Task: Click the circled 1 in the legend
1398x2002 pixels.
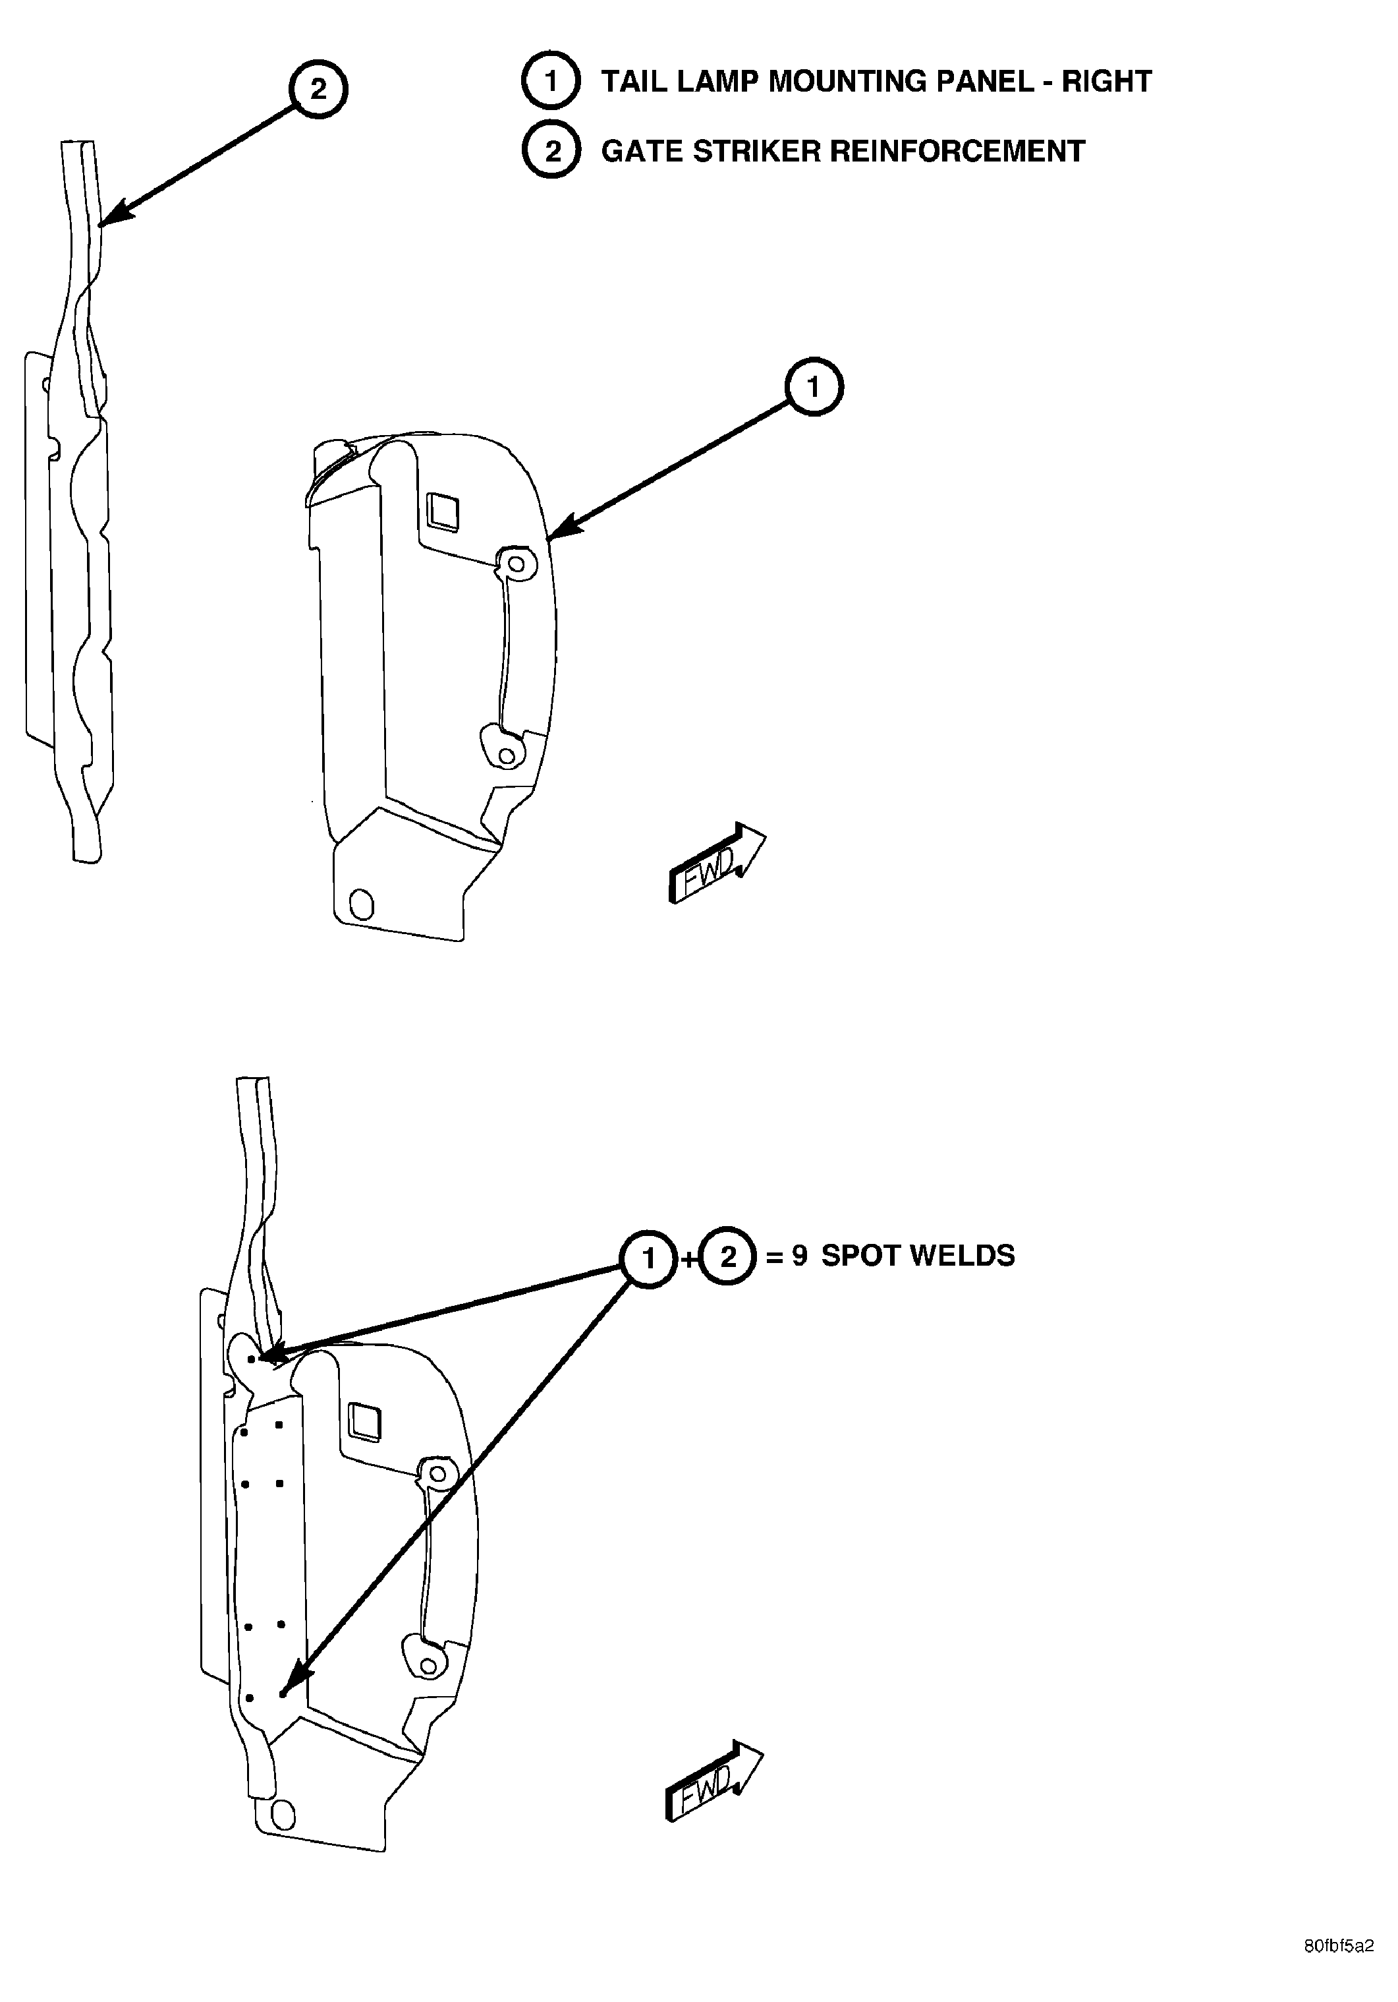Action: [x=551, y=81]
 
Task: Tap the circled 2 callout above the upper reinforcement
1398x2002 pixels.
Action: [x=318, y=89]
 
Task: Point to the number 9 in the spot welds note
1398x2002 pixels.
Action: [x=799, y=1256]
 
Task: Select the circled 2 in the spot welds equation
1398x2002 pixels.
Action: [x=729, y=1256]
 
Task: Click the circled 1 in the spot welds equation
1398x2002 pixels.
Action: [x=648, y=1256]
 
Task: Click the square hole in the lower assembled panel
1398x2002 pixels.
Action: [x=364, y=1422]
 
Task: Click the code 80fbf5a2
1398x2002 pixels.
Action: [x=1339, y=1970]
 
